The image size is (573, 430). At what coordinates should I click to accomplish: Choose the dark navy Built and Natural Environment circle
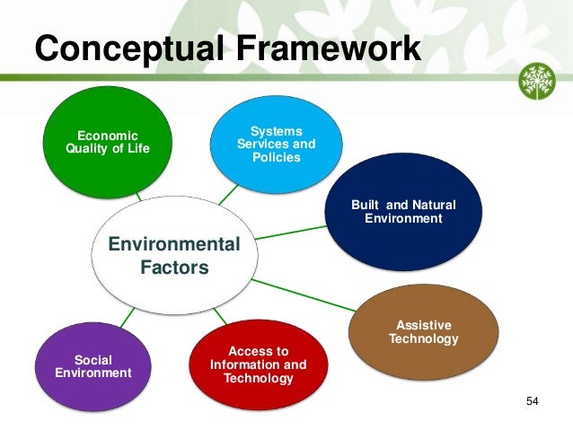403,212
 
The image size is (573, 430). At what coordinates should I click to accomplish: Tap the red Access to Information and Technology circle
258,364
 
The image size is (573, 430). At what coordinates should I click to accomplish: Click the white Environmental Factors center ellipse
174,256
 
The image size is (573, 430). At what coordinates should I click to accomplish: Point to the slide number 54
532,399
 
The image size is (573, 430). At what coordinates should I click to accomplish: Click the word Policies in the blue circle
276,157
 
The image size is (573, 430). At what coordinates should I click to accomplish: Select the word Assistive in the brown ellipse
423,324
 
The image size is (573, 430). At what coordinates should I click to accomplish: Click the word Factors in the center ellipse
174,268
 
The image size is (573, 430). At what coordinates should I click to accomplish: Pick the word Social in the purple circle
93,359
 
